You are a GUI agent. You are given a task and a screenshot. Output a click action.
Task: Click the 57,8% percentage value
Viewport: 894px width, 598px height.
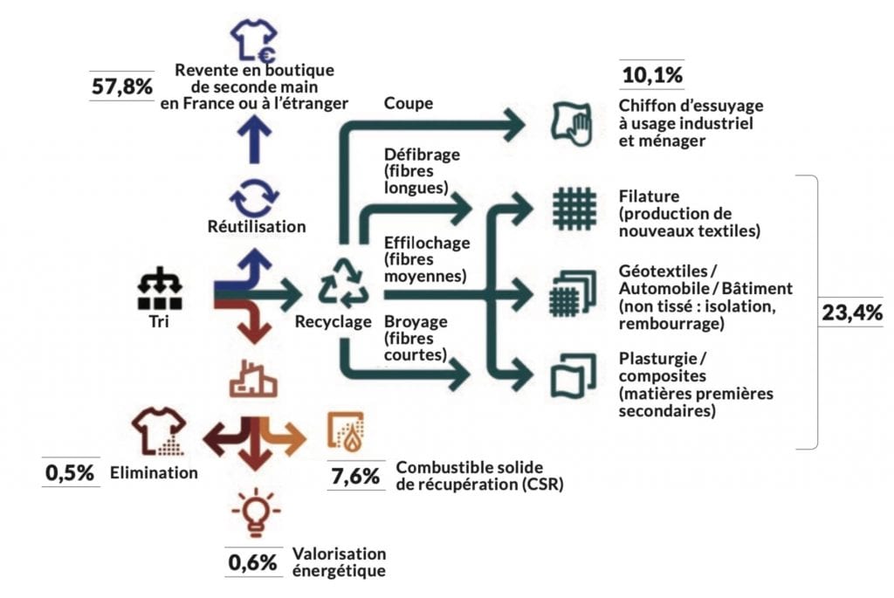click(122, 86)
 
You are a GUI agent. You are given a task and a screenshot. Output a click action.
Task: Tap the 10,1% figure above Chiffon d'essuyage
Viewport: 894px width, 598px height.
click(652, 75)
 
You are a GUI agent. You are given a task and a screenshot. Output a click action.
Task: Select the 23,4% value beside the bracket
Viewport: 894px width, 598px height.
click(852, 313)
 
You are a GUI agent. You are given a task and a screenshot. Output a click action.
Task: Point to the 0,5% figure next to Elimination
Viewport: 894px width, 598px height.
click(70, 472)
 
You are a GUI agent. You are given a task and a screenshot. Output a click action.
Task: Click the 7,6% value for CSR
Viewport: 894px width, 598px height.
click(355, 476)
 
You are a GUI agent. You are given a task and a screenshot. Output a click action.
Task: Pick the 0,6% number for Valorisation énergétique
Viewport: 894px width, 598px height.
click(252, 563)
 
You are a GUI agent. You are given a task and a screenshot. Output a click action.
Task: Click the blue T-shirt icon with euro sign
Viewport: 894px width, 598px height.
click(254, 40)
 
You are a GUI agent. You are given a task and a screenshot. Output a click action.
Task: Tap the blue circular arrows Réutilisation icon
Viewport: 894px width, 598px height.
click(254, 198)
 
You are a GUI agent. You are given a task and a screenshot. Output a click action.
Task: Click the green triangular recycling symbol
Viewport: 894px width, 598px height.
click(343, 283)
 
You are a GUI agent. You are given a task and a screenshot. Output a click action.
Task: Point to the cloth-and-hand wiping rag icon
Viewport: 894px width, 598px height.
click(572, 124)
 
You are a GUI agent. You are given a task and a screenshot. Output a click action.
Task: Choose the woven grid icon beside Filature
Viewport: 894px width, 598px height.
click(574, 209)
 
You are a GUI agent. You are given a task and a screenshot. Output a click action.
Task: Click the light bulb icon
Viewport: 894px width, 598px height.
click(256, 512)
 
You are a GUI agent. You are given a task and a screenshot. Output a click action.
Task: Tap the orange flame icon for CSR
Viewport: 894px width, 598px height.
click(346, 432)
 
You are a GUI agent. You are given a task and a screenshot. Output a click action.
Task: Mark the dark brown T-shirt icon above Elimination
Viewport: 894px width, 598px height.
click(159, 431)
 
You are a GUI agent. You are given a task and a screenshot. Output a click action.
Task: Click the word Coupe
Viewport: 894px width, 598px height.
click(409, 103)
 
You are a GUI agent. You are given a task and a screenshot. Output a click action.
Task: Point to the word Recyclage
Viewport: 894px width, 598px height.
click(333, 321)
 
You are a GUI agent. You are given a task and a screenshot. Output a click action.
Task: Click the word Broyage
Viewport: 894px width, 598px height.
click(416, 321)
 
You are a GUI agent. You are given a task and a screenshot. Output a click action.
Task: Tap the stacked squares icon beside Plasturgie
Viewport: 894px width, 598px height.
click(574, 375)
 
